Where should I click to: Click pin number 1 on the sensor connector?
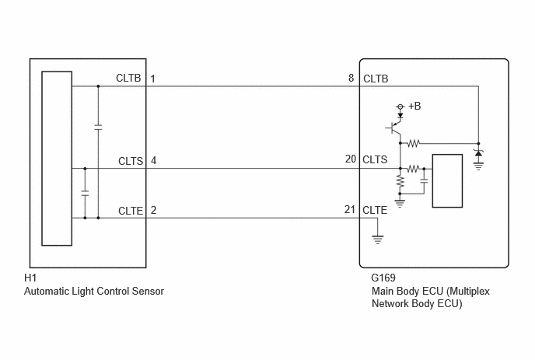coord(153,79)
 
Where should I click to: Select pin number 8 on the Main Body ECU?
coord(351,78)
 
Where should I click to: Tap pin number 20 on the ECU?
coord(351,159)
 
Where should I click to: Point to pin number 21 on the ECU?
coord(350,209)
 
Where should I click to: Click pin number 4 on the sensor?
coord(153,160)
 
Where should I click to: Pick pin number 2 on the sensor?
coord(153,210)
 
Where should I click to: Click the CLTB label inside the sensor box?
coord(128,78)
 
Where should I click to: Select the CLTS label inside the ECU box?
coord(375,159)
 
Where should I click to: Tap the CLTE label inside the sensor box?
coord(131,211)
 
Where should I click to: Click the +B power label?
coord(414,106)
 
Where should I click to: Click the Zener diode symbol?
coord(478,153)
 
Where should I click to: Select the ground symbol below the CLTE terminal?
coord(377,239)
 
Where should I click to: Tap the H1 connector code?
coord(30,278)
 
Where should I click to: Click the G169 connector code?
coord(383,278)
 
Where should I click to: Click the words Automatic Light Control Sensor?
coord(94,291)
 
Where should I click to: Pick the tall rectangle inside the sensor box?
coord(57,159)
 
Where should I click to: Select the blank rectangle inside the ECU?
coord(447,181)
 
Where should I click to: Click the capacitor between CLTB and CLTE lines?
coord(98,128)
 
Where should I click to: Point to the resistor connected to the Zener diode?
coord(413,143)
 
